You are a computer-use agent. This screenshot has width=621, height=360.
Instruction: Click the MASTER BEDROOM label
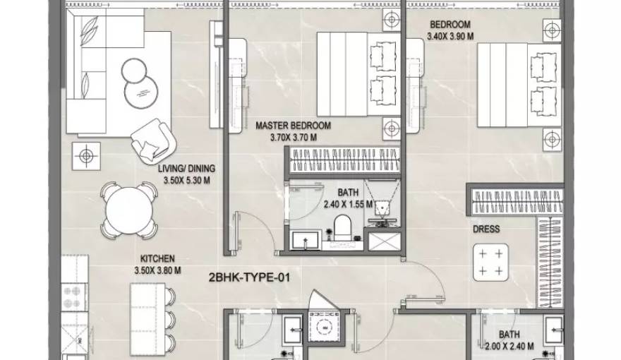click(x=293, y=126)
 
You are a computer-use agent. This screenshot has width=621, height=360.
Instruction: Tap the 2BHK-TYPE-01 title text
click(x=249, y=277)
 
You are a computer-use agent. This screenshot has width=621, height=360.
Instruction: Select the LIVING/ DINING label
click(x=186, y=169)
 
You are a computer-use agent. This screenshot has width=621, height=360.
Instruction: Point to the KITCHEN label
click(x=157, y=258)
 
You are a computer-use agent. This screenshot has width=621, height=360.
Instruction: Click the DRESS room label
click(x=486, y=229)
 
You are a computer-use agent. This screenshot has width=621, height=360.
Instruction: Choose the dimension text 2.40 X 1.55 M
click(x=348, y=205)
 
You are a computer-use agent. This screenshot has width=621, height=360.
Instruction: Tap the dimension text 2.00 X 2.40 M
click(x=510, y=347)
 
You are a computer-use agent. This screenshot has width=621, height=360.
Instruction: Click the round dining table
click(x=129, y=210)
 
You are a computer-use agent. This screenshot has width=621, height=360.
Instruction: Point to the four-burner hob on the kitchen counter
click(x=73, y=297)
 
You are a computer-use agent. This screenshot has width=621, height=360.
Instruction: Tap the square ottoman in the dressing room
click(x=490, y=263)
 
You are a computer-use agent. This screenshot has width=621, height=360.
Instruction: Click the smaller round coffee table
click(x=134, y=71)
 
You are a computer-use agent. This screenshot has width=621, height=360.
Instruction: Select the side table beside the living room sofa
click(x=86, y=156)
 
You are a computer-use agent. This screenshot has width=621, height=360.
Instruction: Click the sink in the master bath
click(x=306, y=240)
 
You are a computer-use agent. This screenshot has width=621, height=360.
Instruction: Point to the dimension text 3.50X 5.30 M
click(x=186, y=181)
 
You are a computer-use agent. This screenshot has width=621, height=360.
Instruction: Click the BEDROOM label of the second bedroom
click(x=450, y=25)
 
